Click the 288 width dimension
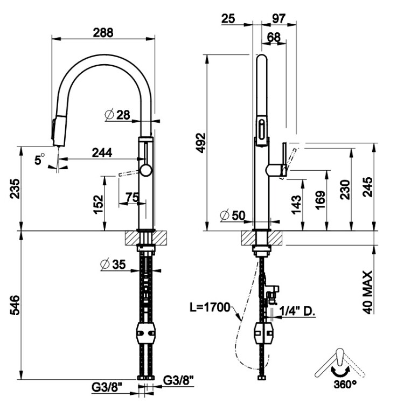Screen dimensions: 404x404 (102, 32)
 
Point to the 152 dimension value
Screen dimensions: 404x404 (99, 204)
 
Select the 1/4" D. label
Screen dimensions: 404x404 (301, 311)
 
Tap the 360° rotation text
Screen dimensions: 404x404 (345, 385)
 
